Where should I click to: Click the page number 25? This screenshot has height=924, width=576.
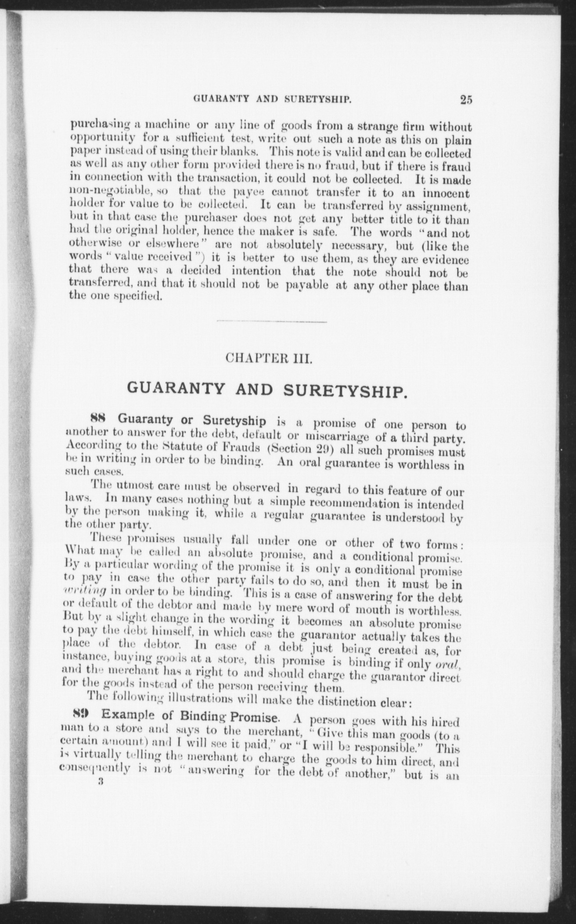coord(466,100)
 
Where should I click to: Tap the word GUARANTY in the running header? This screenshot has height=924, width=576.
coord(218,99)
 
